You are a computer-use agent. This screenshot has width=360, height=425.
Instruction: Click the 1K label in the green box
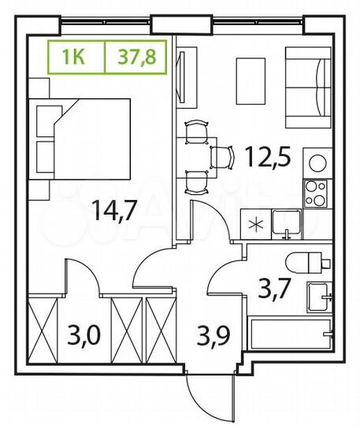pyautogui.click(x=76, y=56)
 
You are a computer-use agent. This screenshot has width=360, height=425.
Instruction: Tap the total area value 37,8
pyautogui.click(x=135, y=56)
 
